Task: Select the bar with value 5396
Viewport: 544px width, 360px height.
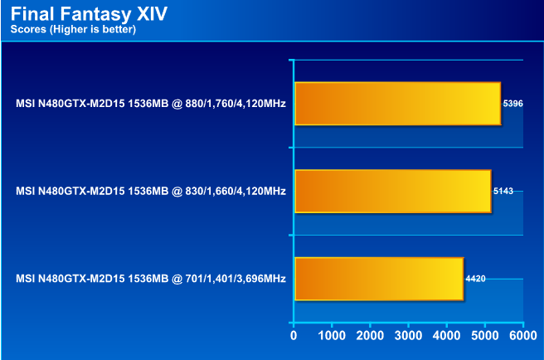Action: tap(397, 104)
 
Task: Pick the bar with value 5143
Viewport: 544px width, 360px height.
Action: tap(392, 191)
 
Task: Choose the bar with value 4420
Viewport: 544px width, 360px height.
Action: tap(378, 279)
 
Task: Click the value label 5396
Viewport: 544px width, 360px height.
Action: tap(513, 104)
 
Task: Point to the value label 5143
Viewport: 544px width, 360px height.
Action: tap(503, 191)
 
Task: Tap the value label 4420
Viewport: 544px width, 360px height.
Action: tap(476, 279)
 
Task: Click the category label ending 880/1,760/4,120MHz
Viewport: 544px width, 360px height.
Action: tap(151, 104)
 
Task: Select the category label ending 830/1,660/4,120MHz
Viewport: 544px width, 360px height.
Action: tap(151, 191)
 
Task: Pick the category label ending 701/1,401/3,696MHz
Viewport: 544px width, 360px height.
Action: tap(151, 279)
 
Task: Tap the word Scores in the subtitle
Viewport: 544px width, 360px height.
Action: tap(27, 30)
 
